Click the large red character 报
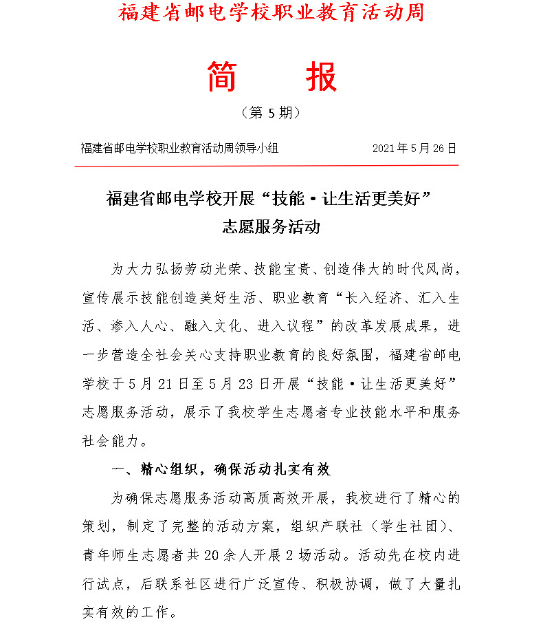[321, 77]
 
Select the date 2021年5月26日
[414, 148]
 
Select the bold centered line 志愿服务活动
[271, 227]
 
